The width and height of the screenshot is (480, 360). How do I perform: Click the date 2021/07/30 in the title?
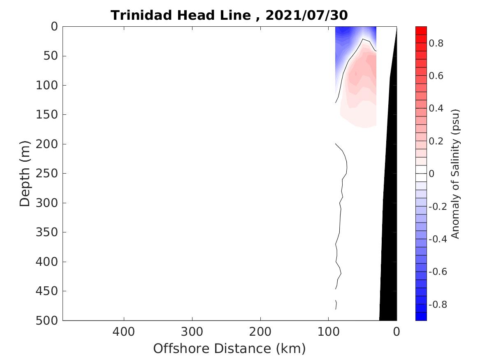click(x=306, y=16)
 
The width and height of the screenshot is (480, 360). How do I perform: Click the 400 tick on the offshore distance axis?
click(x=123, y=332)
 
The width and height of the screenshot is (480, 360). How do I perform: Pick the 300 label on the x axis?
click(x=192, y=332)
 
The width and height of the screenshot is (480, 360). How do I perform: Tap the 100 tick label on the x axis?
click(x=328, y=332)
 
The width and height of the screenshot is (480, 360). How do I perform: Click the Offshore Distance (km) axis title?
click(x=230, y=348)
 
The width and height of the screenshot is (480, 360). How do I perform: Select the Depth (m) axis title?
click(x=25, y=173)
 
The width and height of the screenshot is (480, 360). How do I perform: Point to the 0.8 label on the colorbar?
click(x=436, y=43)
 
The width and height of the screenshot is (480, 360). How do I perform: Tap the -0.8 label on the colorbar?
click(x=438, y=305)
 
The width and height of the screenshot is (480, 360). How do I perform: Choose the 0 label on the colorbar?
click(x=432, y=174)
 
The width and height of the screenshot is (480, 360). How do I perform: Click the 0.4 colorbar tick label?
click(x=436, y=109)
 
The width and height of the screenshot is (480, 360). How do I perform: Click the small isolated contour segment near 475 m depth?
click(x=336, y=304)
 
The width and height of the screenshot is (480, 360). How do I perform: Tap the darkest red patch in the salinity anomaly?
click(x=356, y=74)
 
